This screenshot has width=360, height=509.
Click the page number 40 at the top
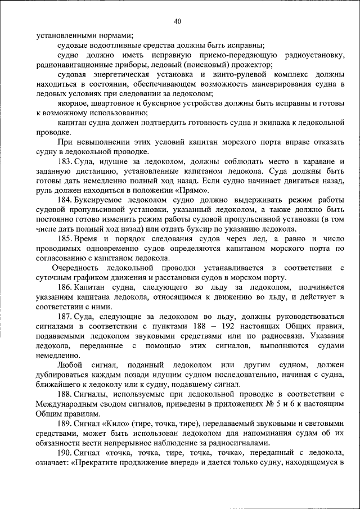click(178, 21)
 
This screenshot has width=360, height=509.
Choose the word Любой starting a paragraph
click(70, 365)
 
